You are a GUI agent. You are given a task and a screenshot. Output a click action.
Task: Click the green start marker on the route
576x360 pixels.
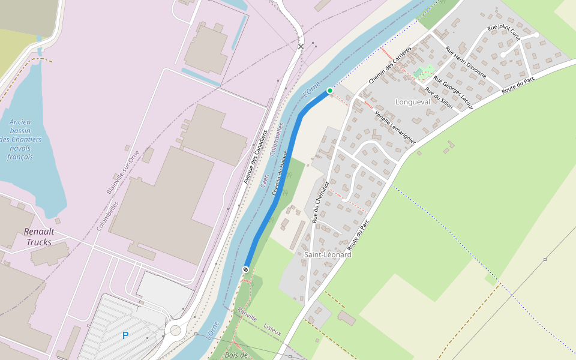coord(329,91)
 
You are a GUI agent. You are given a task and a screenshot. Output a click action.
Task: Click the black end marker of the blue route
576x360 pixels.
coord(245,269)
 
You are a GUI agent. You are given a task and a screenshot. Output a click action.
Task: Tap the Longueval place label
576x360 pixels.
coord(413,102)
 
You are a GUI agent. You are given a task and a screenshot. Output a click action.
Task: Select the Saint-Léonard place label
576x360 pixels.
coord(328,254)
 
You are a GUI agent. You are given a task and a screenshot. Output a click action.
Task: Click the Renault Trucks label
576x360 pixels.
coord(39,237)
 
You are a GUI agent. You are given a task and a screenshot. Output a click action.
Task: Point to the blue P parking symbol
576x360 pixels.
coord(125,335)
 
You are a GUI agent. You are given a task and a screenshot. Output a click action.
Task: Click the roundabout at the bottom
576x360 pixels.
coord(175,329)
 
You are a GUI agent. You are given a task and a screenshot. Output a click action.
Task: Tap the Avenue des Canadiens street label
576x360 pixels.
coord(254,155)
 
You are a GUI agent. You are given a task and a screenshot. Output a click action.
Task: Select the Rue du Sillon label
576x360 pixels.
coord(439,97)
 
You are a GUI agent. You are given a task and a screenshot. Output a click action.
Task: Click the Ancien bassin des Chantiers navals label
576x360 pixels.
coord(20,139)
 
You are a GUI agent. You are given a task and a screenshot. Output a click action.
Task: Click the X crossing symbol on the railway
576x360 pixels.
coord(301,46)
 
